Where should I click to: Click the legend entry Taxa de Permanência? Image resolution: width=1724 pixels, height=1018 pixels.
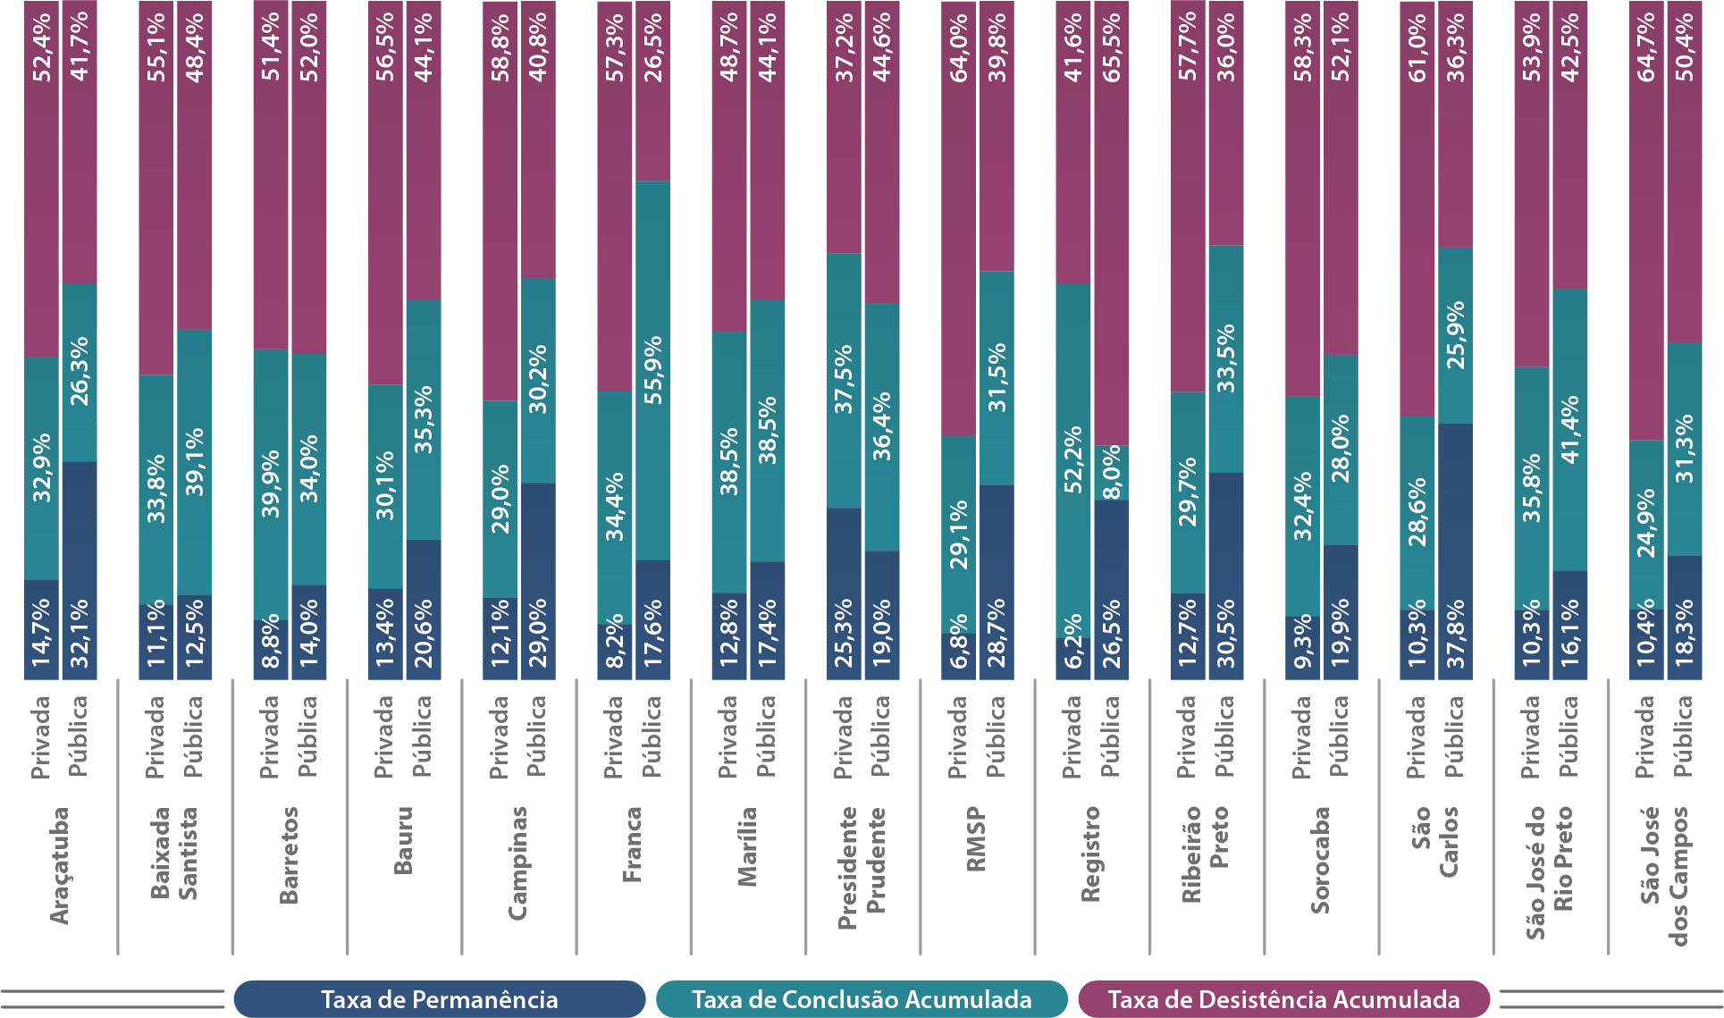[x=439, y=999]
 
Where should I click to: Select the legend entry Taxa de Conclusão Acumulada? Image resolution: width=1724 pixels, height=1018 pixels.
[x=862, y=999]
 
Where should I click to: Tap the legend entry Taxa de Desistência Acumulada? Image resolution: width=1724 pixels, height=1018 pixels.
[x=1283, y=999]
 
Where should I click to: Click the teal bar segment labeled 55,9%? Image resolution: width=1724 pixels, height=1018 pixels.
[x=653, y=370]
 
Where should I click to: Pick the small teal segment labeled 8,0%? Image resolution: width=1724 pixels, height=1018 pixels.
[x=1111, y=473]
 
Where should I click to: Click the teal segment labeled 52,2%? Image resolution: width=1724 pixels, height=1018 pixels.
[x=1073, y=459]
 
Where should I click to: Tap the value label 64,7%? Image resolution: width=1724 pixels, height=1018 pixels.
[x=1646, y=47]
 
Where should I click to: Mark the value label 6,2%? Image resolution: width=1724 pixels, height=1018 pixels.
[x=1073, y=641]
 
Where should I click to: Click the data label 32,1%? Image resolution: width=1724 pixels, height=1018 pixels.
[x=80, y=634]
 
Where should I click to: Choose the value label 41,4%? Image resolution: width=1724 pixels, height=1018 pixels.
[x=1570, y=429]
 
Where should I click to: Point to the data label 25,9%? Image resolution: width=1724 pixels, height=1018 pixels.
[x=1455, y=335]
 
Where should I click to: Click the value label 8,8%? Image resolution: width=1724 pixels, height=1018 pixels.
[x=271, y=641]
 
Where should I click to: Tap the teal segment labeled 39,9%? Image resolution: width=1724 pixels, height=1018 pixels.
[x=271, y=484]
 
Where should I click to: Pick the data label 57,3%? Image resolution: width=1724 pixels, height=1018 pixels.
[x=615, y=47]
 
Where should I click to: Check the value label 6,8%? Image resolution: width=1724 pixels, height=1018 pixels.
[x=959, y=641]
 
